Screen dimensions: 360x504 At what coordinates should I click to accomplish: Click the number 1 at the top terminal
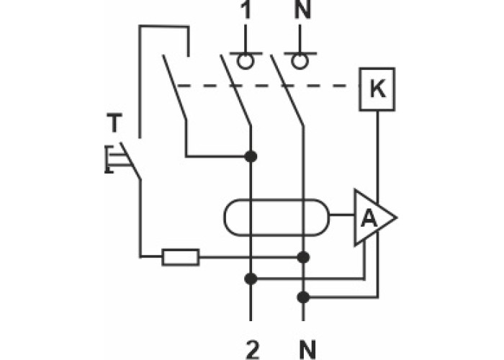click(246, 12)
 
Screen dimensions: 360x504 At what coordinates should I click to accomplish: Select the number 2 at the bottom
click(251, 350)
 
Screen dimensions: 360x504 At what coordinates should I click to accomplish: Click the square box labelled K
click(377, 89)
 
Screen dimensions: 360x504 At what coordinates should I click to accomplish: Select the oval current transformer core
click(276, 216)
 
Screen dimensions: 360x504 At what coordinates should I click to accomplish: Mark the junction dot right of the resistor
click(303, 256)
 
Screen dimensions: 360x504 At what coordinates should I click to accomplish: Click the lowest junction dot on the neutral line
click(303, 296)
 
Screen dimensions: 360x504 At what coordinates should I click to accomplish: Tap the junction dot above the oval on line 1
click(251, 156)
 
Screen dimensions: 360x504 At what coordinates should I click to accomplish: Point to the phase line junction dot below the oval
click(251, 278)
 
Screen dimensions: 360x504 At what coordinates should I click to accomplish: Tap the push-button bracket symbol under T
click(109, 159)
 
